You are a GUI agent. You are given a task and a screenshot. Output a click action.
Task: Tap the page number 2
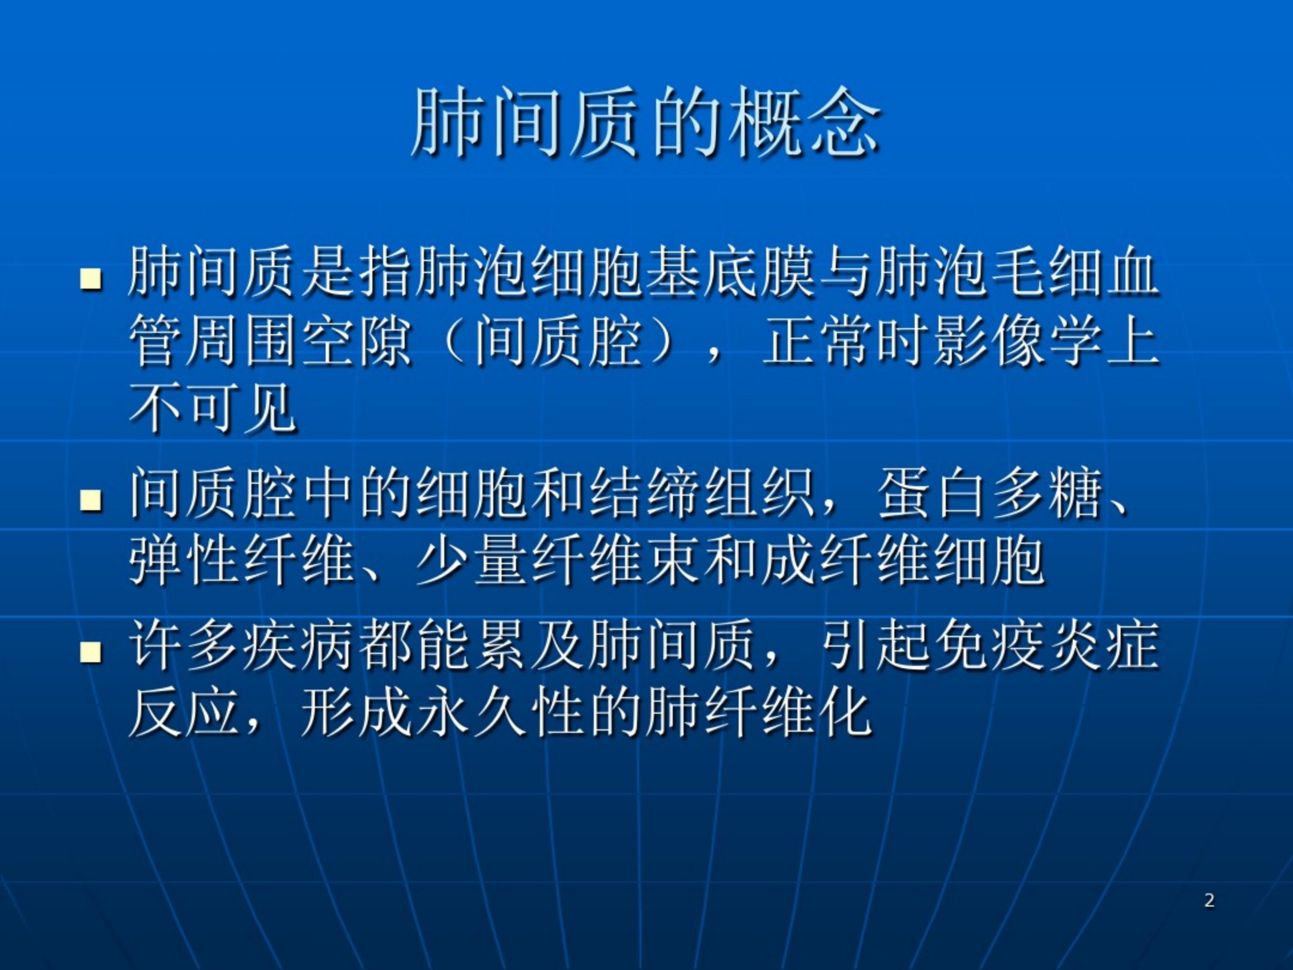tap(1209, 901)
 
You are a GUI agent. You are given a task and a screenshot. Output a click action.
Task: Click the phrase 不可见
tap(213, 410)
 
